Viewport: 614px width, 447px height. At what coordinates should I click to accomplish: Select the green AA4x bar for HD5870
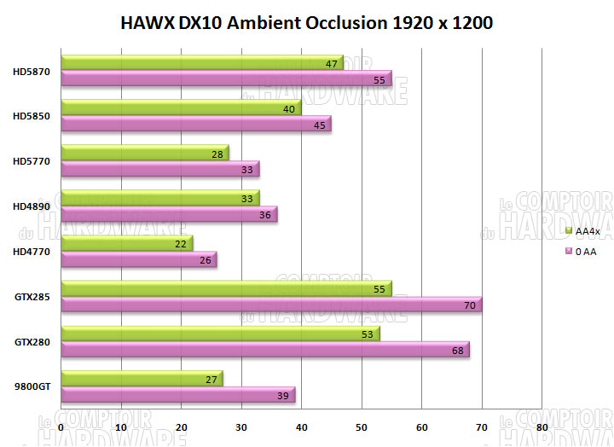tap(200, 62)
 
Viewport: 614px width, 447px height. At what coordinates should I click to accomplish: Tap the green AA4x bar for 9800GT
tap(141, 379)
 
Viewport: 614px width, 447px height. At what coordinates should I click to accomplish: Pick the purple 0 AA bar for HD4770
tap(136, 259)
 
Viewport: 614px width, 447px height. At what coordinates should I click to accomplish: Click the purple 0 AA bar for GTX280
tap(264, 350)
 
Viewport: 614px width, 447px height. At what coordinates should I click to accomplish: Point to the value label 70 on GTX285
tap(469, 304)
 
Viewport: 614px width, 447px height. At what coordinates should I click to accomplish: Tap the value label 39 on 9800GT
tap(283, 395)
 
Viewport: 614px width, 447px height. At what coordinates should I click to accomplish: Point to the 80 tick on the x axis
tap(542, 426)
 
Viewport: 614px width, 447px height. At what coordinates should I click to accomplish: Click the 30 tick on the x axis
tap(241, 426)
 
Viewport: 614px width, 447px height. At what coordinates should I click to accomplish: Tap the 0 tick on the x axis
tap(61, 426)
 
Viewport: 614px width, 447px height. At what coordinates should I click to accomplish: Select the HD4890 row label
tap(32, 205)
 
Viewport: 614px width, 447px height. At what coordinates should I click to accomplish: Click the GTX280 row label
tap(32, 341)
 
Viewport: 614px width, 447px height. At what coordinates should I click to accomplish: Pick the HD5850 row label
tap(32, 116)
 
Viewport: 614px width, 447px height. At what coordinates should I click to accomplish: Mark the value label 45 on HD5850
tap(319, 124)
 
